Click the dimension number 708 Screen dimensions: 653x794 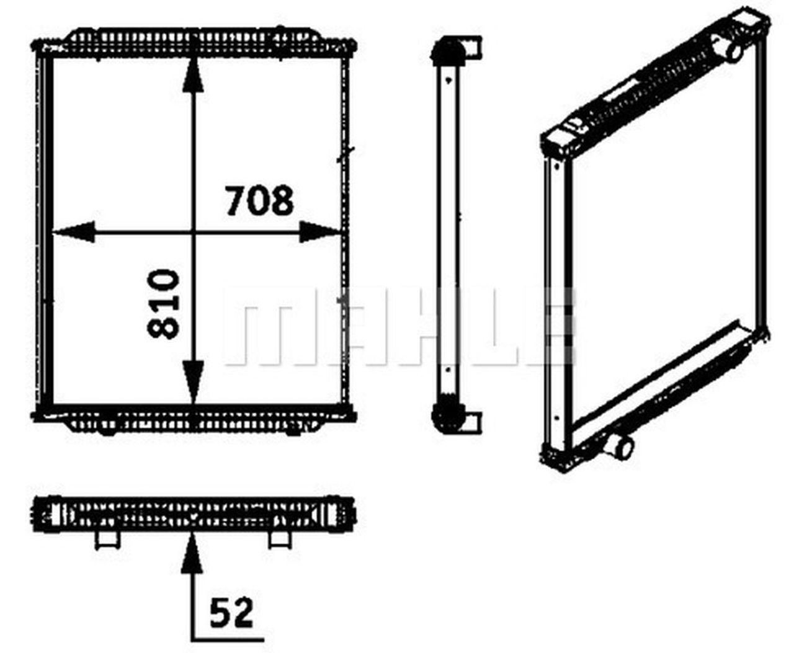pos(259,200)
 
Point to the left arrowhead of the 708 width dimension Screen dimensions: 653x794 pos(73,233)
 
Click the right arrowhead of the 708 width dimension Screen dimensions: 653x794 pos(320,233)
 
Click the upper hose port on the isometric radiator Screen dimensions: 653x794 pos(730,48)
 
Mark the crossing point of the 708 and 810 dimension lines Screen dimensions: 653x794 pos(194,233)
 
